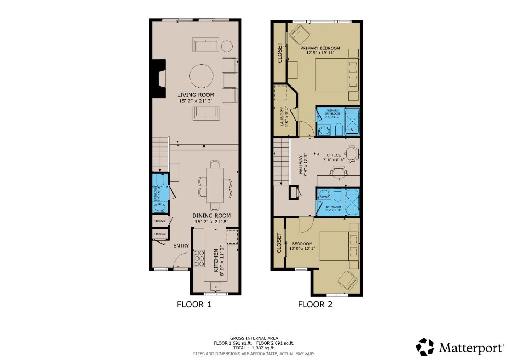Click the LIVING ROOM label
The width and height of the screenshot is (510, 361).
click(x=195, y=95)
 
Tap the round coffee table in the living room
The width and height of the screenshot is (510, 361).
click(x=202, y=76)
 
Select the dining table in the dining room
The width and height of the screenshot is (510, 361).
click(x=215, y=185)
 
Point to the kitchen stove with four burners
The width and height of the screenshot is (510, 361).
click(x=199, y=258)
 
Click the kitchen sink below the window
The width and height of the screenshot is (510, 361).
click(x=215, y=286)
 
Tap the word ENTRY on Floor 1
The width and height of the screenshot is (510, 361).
click(x=181, y=246)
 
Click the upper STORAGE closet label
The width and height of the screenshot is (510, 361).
click(x=160, y=221)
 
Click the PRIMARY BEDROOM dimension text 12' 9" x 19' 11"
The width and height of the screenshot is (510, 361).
click(x=320, y=53)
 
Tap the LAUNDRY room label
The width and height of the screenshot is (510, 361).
click(x=283, y=117)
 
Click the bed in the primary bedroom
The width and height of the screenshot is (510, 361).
click(x=336, y=75)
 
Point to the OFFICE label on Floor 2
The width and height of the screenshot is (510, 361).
click(x=334, y=155)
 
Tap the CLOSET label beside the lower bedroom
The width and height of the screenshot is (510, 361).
click(x=279, y=243)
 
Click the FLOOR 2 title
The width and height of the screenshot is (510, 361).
click(x=315, y=304)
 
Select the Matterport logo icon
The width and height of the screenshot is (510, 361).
click(x=425, y=347)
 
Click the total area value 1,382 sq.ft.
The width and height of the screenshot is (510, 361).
click(x=263, y=348)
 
